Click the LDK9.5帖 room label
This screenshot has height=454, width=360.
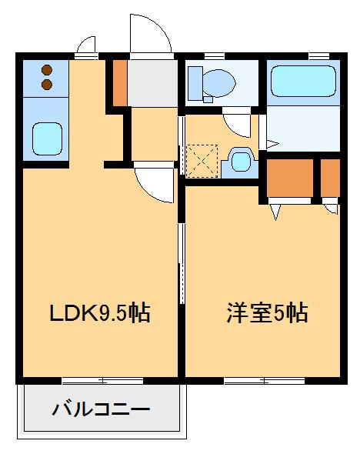click(99, 314)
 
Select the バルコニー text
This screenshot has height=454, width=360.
click(101, 409)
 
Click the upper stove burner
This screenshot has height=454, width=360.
click(45, 68)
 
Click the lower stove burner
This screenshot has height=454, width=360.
click(45, 82)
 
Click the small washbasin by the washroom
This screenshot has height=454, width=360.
click(241, 161)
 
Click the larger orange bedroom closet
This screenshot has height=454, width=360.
click(290, 176)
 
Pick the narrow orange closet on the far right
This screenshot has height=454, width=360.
click(330, 176)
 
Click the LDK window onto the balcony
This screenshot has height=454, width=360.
click(102, 380)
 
